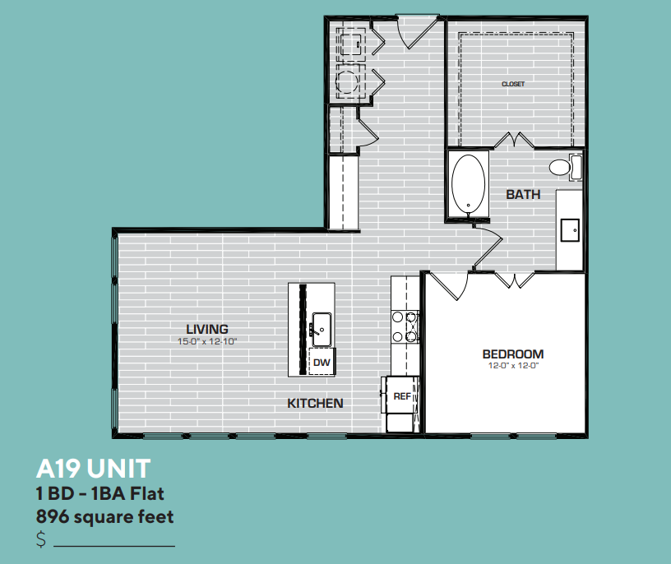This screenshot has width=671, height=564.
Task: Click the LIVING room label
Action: point(206,329)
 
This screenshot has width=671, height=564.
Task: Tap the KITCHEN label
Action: point(315,404)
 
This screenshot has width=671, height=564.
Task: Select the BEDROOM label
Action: point(512,354)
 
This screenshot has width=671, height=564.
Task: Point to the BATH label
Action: point(523,195)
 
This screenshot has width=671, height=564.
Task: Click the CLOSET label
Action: point(513,84)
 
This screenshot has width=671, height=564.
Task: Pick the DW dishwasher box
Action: point(322,361)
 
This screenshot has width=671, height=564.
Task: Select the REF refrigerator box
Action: point(401,396)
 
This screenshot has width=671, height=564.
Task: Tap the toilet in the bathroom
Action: point(563,168)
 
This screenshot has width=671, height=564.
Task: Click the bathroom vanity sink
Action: point(570,229)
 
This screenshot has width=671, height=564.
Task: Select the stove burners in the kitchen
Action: point(405,326)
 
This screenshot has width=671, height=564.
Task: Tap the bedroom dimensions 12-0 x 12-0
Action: point(512,367)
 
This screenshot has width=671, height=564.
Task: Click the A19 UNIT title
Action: point(93,469)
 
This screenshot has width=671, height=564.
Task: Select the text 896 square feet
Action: point(104,517)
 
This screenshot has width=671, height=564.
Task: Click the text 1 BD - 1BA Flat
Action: point(100,494)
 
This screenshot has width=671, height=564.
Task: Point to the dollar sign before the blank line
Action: point(41,540)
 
